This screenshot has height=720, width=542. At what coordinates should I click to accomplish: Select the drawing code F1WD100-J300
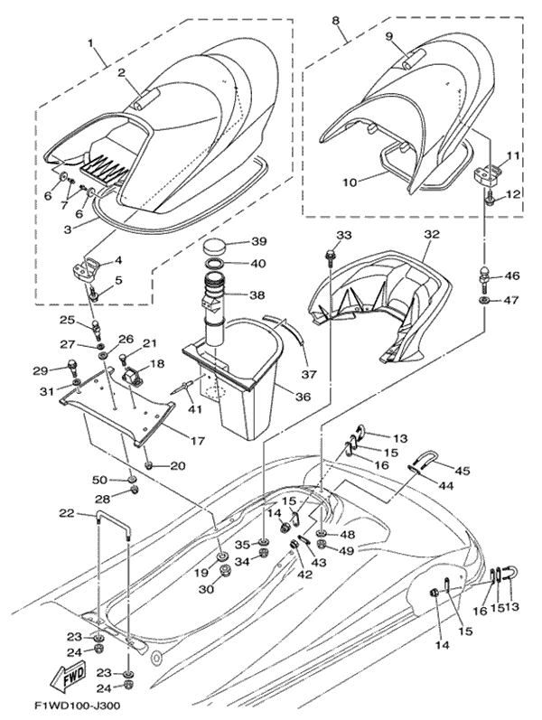[x=78, y=705]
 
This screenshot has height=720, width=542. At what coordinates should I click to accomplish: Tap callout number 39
[x=258, y=242]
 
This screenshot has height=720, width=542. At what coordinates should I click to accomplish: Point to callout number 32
[x=431, y=234]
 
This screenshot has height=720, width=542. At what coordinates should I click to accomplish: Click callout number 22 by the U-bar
[x=66, y=513]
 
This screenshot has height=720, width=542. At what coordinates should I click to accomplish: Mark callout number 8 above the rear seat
[x=336, y=20]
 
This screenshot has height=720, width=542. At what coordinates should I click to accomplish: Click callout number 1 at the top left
[x=90, y=42]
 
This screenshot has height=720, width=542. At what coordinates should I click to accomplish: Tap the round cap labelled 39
[x=216, y=246]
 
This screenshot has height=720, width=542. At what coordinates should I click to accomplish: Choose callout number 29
[x=40, y=370]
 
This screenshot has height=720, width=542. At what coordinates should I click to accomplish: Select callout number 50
[x=100, y=479]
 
